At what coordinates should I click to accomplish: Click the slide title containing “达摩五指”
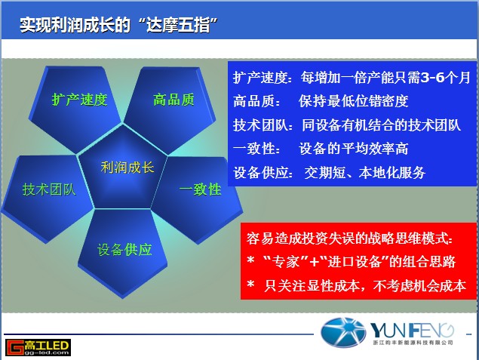point(118,25)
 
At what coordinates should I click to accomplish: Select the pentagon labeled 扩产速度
point(75,107)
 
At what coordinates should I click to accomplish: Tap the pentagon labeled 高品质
point(170,107)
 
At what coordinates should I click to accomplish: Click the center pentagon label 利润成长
point(127,168)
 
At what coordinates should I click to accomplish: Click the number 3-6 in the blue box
point(433,78)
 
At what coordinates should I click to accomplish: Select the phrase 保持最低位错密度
point(354,101)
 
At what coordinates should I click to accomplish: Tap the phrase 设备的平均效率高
point(354,149)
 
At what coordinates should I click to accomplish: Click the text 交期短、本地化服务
point(365,173)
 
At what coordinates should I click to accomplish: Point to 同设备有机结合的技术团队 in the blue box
point(381,125)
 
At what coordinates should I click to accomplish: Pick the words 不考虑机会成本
point(419,286)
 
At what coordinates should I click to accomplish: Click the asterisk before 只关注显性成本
point(250,285)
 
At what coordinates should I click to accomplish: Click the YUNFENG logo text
point(412,331)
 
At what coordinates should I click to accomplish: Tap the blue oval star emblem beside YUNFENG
point(343,333)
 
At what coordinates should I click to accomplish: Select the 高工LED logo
point(38,347)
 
